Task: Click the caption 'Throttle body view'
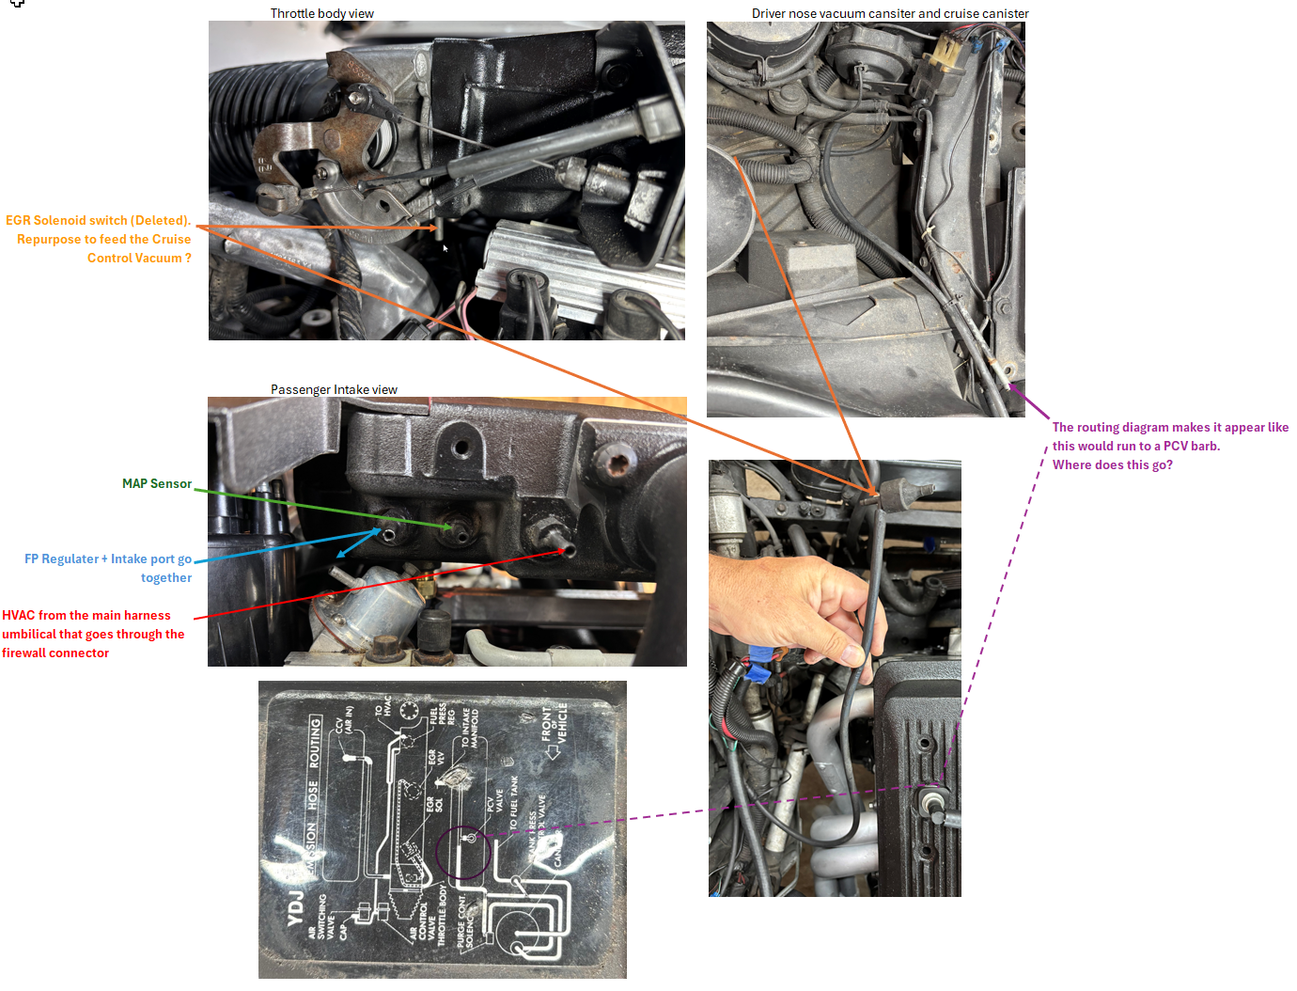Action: tap(321, 13)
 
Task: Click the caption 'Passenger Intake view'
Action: tap(334, 389)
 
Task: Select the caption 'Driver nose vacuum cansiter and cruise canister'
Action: tap(889, 13)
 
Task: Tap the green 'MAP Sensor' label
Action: tap(156, 483)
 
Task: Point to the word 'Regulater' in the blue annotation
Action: tap(70, 558)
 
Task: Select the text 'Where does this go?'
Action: tap(1112, 464)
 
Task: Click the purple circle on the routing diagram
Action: tap(463, 852)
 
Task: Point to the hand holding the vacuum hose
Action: tap(789, 602)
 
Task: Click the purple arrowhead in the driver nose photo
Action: tap(1013, 385)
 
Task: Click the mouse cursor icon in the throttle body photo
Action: tap(445, 248)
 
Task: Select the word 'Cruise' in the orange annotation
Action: tap(171, 239)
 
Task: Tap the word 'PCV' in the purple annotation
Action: tap(1177, 446)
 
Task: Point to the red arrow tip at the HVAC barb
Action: tap(564, 550)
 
